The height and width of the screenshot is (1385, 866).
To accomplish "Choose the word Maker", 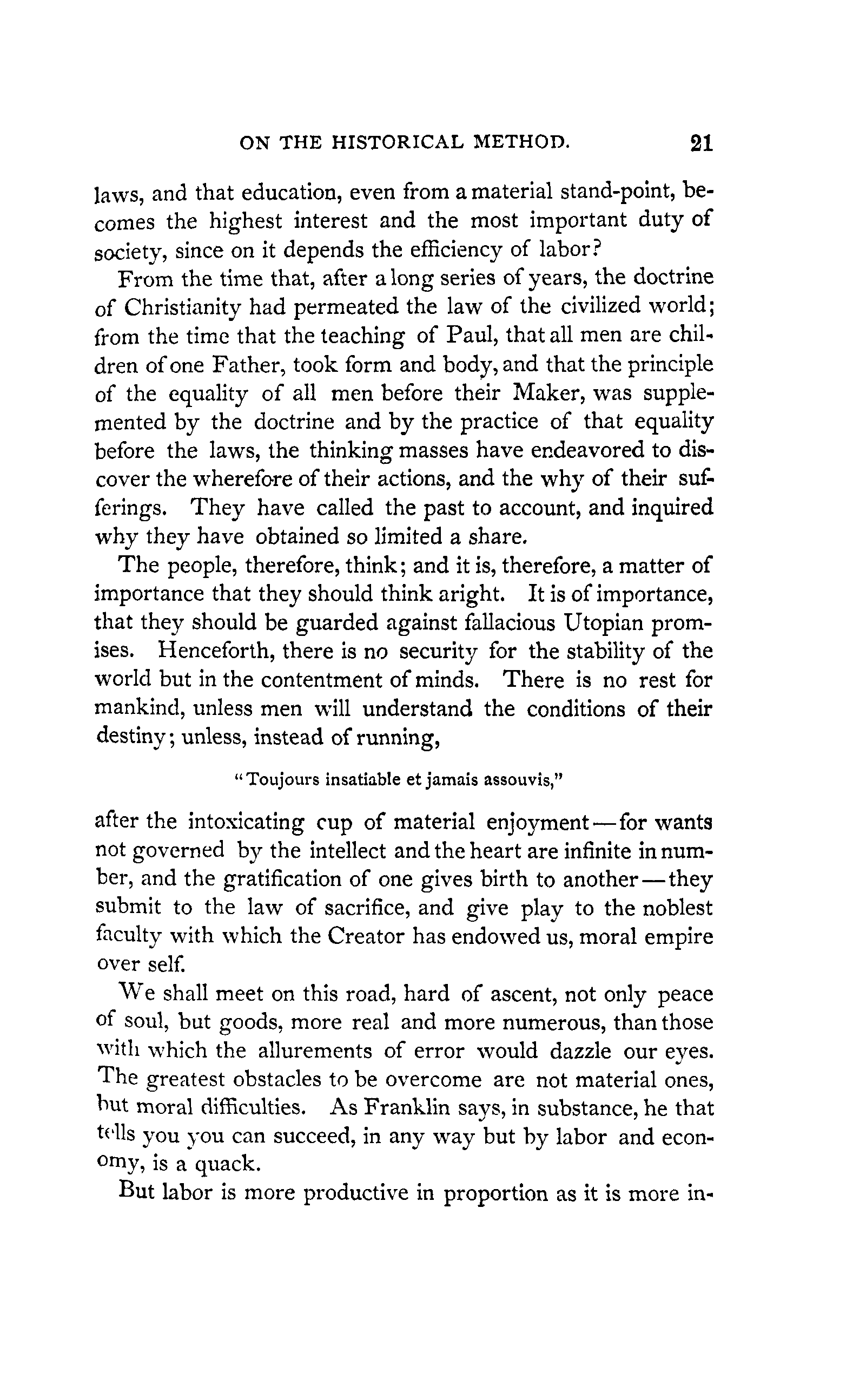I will [x=548, y=393].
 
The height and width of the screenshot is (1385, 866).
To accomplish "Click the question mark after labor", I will [x=584, y=251].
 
